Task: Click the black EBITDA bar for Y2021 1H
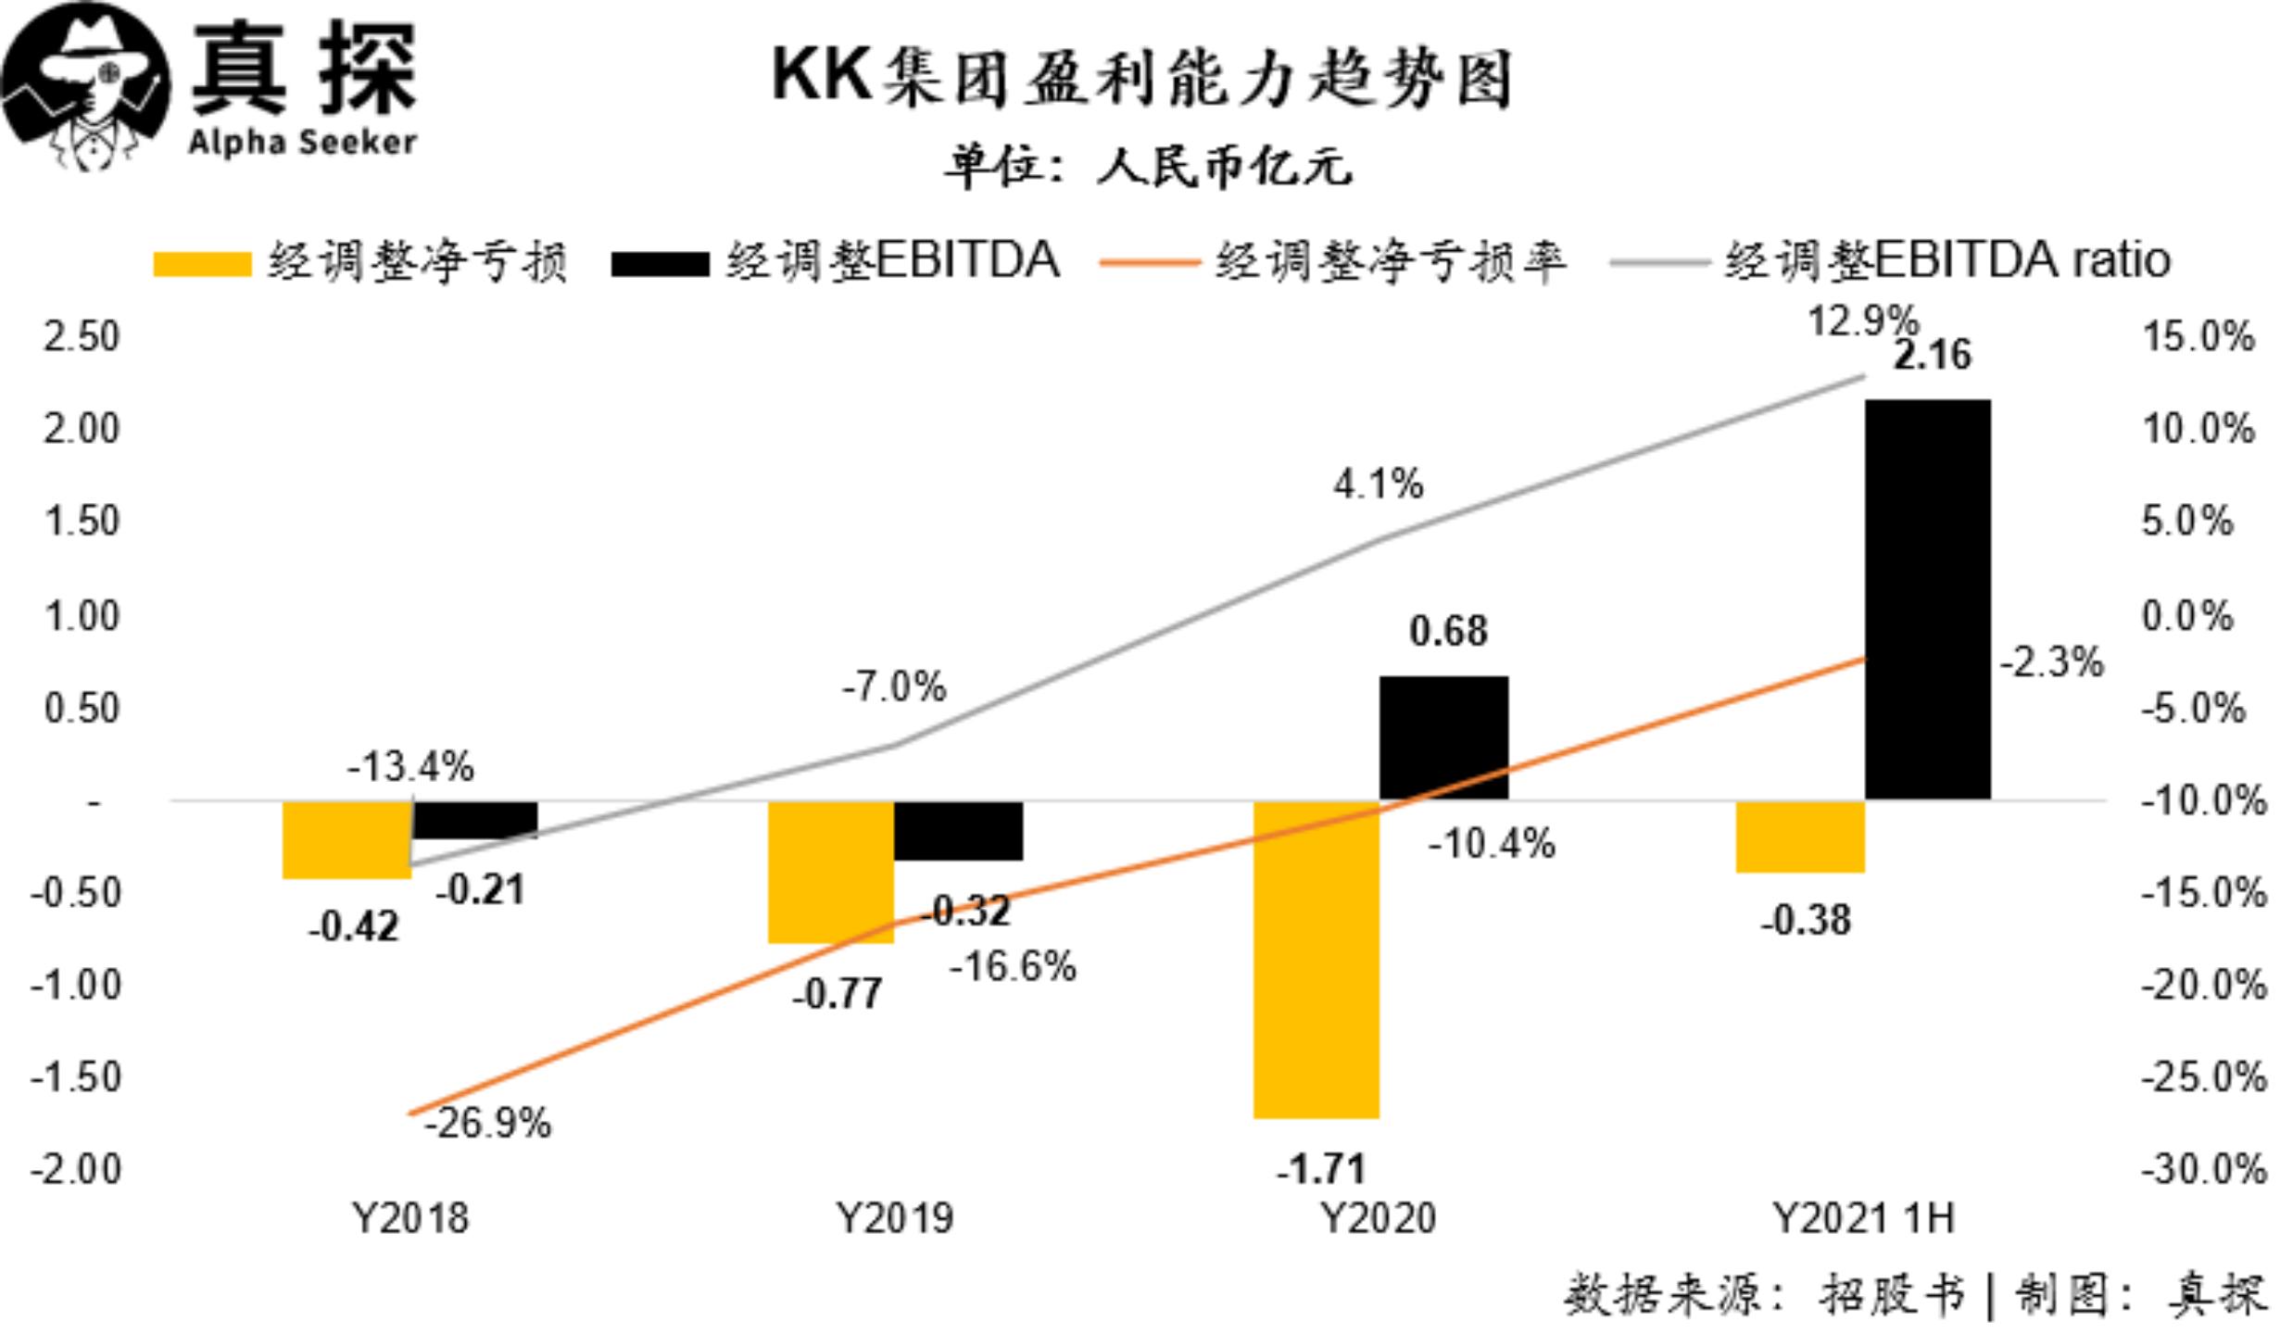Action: tap(1927, 599)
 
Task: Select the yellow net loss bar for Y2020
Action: tap(1316, 960)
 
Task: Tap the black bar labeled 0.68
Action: tap(1443, 737)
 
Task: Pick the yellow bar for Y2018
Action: tap(346, 839)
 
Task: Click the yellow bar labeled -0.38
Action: tap(1799, 837)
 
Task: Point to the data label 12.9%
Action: tap(1862, 321)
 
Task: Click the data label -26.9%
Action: tap(488, 1124)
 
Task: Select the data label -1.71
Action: tap(1321, 1169)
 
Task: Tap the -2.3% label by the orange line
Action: tap(2051, 662)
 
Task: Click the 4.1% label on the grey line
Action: tap(1378, 484)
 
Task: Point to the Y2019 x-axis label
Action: tap(894, 1218)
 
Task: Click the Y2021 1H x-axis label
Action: tap(1863, 1218)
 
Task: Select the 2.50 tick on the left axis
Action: tap(82, 336)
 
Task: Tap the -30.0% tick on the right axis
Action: tap(2203, 1169)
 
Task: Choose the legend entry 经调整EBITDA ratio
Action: tap(1946, 260)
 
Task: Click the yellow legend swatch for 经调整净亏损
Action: tap(202, 264)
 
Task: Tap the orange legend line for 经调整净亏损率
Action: tap(1149, 263)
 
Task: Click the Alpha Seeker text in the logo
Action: tap(302, 143)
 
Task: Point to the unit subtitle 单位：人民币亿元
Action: tap(1149, 168)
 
